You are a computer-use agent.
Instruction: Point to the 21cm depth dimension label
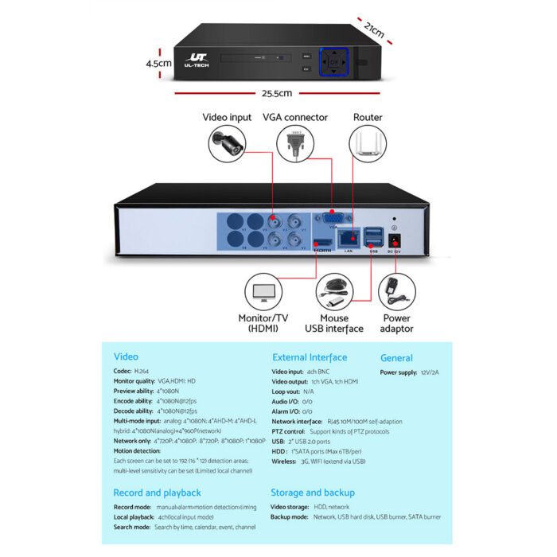372,29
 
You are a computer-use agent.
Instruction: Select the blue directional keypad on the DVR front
335,61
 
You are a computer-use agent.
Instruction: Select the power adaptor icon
396,292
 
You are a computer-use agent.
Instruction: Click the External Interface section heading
310,357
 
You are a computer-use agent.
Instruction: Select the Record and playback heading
157,493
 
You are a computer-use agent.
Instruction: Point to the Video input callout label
227,117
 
